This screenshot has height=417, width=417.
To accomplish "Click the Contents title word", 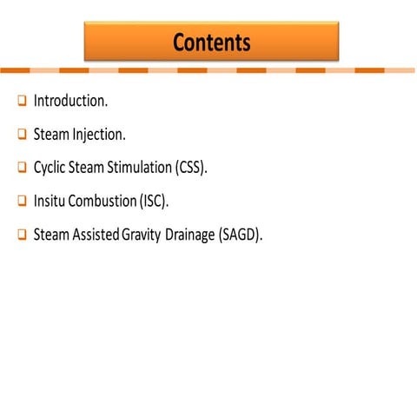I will pos(211,42).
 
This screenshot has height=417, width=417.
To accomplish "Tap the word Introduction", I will pos(70,101).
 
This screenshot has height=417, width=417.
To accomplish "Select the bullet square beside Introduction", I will pos(22,102).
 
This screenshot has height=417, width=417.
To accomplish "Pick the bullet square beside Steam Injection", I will pos(22,135).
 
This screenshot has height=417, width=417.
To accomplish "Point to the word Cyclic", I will pos(50,168).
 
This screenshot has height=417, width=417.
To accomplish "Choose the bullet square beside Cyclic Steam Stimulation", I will pos(22,168).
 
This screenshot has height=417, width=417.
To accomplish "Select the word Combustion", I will pos(103,201).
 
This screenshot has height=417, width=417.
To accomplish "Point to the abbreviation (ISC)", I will pos(155,201).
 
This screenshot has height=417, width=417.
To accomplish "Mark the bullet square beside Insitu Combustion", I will pos(22,201).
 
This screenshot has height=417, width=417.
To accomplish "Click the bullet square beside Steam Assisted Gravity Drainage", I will pos(22,235).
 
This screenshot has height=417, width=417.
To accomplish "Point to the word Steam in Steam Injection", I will pos(51,135).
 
